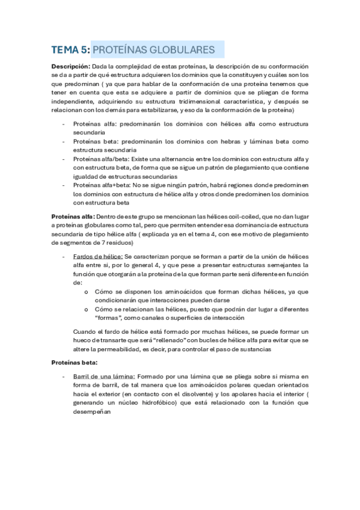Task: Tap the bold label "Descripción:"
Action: [x=70, y=66]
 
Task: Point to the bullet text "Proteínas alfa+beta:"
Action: [x=99, y=186]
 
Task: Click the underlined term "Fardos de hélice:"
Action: [x=97, y=256]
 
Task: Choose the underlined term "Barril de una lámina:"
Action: [x=104, y=376]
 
